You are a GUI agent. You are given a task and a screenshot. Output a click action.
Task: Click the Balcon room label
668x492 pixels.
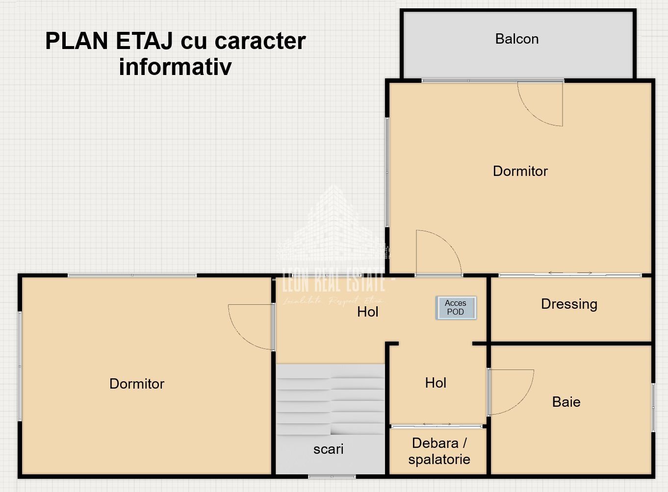tap(517, 39)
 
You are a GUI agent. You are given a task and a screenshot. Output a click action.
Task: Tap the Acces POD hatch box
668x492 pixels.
tap(456, 308)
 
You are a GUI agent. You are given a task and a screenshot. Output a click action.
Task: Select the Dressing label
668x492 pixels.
tap(569, 304)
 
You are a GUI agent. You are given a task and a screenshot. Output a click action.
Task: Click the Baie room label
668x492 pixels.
tap(566, 402)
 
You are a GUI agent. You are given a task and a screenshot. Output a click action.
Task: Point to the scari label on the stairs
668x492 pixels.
tap(328, 449)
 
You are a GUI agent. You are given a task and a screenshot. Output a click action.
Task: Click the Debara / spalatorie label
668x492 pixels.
tap(439, 451)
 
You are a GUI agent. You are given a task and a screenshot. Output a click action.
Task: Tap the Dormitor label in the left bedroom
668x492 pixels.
tap(137, 384)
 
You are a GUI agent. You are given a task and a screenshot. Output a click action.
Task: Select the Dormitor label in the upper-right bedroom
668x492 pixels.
tap(520, 171)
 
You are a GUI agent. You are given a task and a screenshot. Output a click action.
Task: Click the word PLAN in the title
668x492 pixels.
tap(77, 41)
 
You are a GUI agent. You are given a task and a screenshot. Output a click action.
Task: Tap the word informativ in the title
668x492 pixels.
tap(175, 67)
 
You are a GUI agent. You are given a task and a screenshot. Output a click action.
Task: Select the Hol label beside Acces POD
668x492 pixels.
tap(367, 312)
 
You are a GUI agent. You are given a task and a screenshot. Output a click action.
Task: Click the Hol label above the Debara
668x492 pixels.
tap(436, 383)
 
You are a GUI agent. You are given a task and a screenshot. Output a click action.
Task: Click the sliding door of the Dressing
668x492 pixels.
tap(570, 274)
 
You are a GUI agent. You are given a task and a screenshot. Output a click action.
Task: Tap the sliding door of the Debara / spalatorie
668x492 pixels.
tap(437, 425)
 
